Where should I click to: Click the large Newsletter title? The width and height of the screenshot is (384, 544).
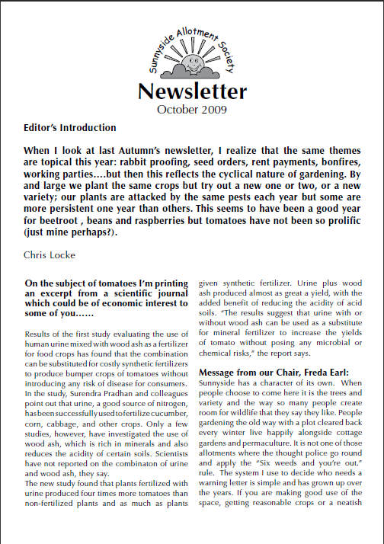(192, 91)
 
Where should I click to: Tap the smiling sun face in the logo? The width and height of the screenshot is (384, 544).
(194, 54)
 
